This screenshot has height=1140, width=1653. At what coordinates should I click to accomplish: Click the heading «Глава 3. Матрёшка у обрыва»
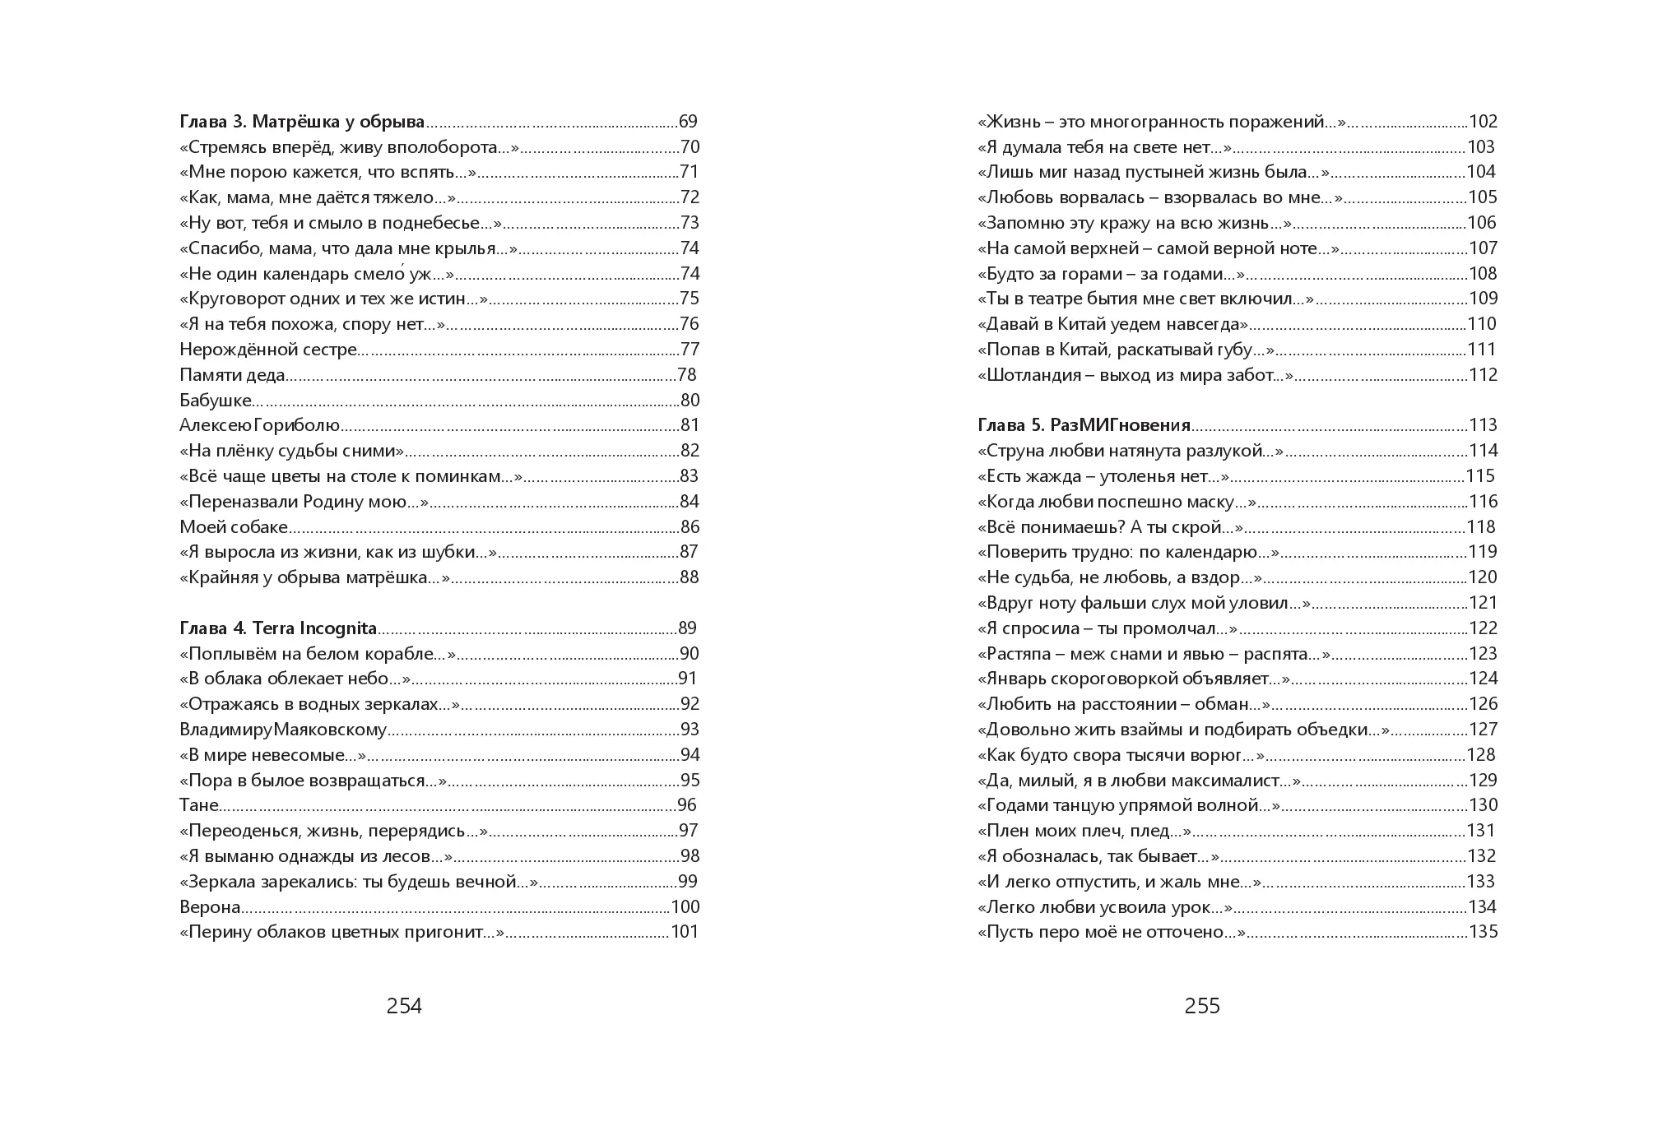(x=302, y=122)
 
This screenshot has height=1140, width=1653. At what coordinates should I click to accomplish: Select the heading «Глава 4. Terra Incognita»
(x=278, y=628)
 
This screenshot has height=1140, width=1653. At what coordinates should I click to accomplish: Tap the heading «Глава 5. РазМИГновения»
(x=1084, y=425)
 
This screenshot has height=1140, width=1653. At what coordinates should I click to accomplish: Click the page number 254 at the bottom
(x=404, y=1006)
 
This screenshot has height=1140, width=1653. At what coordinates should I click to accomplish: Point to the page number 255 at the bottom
(x=1202, y=1006)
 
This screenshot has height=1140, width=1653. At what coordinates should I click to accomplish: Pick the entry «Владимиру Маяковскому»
(x=283, y=730)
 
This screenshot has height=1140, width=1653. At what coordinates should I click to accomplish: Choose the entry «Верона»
(x=210, y=907)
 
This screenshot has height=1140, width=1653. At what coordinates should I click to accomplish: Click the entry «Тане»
(x=199, y=805)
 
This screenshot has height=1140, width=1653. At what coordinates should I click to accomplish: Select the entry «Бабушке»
(x=216, y=401)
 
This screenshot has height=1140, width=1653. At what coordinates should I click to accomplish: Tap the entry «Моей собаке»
(x=234, y=527)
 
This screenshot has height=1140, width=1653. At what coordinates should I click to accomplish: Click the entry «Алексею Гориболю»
(x=260, y=425)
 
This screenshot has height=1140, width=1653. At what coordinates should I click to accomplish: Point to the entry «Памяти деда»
(x=232, y=375)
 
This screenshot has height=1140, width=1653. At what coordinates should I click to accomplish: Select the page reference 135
(x=1484, y=932)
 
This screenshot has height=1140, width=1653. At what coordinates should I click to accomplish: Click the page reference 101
(x=685, y=932)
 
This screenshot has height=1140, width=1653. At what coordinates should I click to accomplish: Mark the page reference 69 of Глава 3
(x=688, y=122)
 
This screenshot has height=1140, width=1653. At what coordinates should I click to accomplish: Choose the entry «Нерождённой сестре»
(x=268, y=350)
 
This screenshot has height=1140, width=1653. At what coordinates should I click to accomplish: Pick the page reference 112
(x=1484, y=375)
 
